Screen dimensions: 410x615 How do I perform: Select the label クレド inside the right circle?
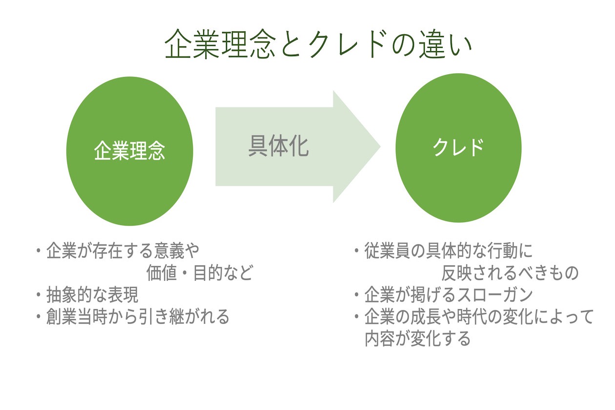(458, 147)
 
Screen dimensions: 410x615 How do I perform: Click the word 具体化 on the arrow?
(278, 146)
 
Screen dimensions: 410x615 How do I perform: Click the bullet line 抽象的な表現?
(92, 295)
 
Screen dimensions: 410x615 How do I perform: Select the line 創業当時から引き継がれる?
(138, 317)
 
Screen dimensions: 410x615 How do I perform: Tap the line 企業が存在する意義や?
(123, 251)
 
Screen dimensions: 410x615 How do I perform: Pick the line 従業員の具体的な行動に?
(449, 251)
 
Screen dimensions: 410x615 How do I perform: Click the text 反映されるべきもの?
(510, 273)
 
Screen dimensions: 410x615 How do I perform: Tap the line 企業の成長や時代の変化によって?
(479, 317)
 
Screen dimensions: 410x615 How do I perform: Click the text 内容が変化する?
(417, 339)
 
